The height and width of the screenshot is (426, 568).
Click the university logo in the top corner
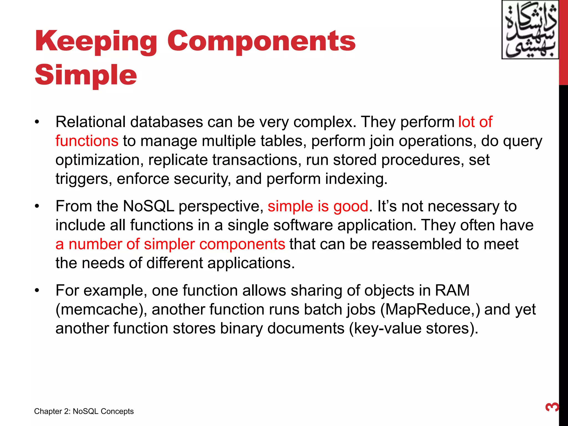click(x=530, y=30)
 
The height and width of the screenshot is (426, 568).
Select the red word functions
click(x=87, y=141)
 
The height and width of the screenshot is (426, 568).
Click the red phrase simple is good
click(x=318, y=206)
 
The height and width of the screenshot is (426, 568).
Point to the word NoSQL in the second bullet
click(x=148, y=206)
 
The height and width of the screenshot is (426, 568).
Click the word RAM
click(x=452, y=291)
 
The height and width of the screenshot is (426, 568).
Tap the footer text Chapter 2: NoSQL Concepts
click(x=84, y=411)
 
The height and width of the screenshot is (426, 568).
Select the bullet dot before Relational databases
click(x=37, y=122)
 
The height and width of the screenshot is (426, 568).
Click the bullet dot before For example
click(x=37, y=291)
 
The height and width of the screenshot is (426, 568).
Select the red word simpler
click(x=169, y=244)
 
